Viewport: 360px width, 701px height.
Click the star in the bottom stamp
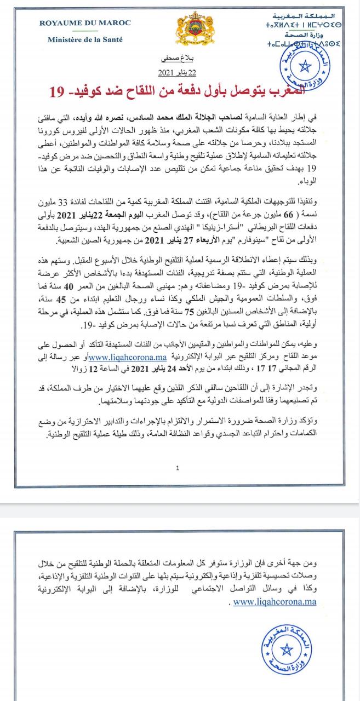(x=285, y=651)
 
